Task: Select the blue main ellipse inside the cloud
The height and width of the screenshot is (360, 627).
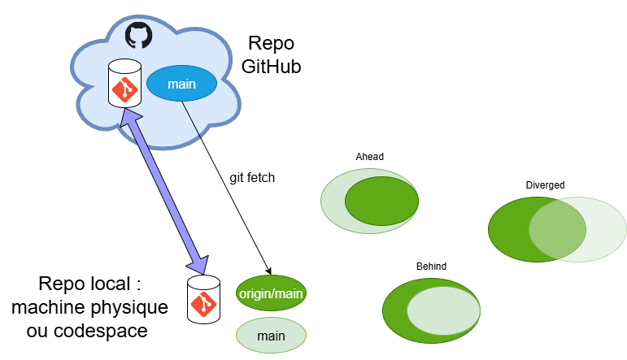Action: [181, 84]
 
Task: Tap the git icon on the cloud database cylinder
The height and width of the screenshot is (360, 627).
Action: [124, 89]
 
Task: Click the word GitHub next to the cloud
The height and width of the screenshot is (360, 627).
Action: [271, 67]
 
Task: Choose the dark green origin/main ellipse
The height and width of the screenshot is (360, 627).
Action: [271, 294]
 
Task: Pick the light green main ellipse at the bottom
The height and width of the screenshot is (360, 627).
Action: [271, 335]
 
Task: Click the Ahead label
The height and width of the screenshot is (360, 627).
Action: [369, 157]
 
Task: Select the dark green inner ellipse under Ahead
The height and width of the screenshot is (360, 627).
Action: [381, 200]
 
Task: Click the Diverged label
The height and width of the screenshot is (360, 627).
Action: [545, 184]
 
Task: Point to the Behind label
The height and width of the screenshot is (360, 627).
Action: [431, 266]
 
